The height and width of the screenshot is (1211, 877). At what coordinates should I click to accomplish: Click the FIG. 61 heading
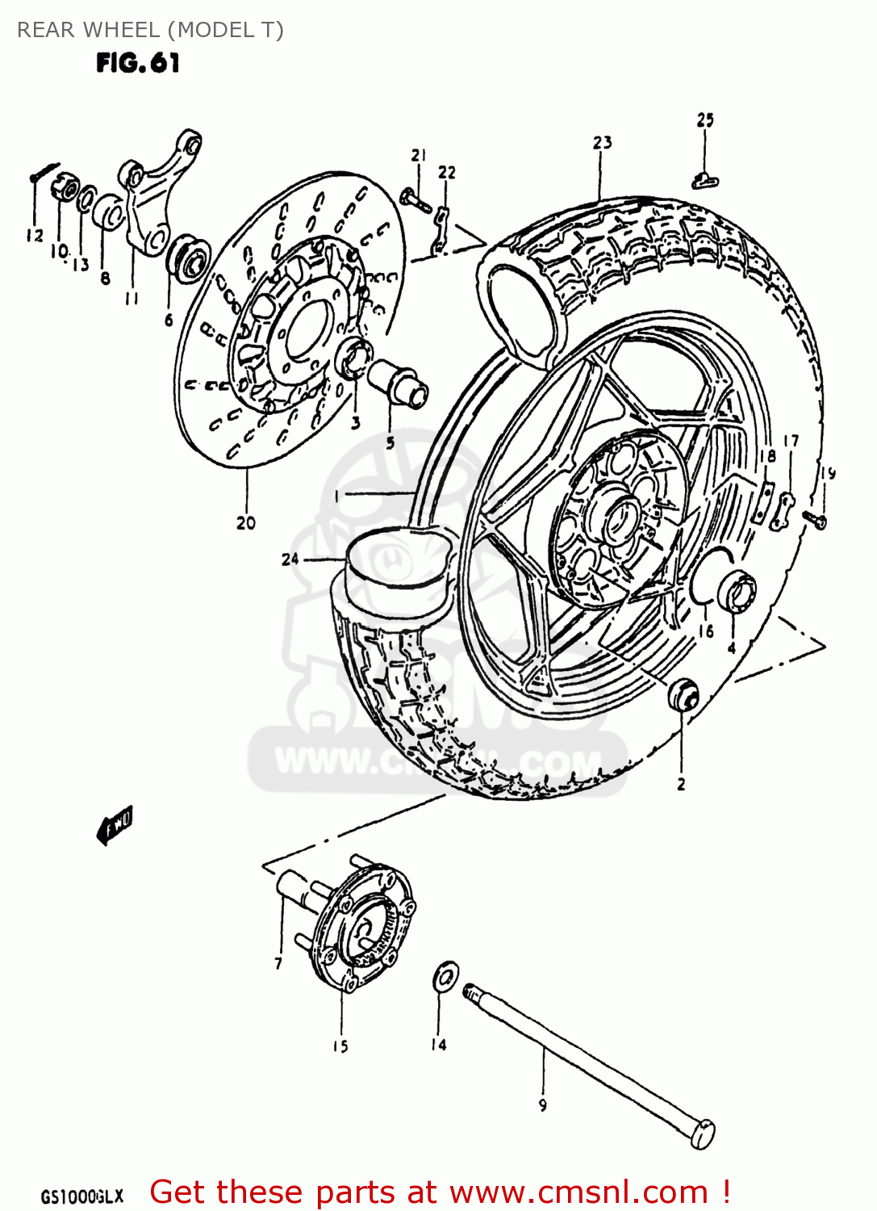coord(137,63)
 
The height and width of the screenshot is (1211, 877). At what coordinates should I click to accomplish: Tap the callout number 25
coord(705,120)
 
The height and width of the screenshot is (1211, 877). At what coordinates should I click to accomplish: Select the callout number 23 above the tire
coord(602,143)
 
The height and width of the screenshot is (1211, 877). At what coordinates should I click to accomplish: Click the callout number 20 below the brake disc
coord(246,523)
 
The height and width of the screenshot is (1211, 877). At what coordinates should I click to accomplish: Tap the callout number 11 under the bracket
coord(132,299)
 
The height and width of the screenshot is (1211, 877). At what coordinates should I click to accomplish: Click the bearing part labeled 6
coord(186,258)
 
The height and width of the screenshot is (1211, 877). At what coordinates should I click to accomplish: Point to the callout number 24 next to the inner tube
coord(290,559)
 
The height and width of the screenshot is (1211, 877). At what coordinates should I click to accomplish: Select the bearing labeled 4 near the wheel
coord(736,593)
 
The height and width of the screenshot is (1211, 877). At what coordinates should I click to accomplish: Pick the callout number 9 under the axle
coord(543,1105)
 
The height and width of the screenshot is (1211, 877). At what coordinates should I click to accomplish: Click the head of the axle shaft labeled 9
coord(702,1133)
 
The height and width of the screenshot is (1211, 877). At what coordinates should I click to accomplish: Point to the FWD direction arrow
coord(115,826)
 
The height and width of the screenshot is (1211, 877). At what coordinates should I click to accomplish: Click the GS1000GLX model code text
coord(81,1196)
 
